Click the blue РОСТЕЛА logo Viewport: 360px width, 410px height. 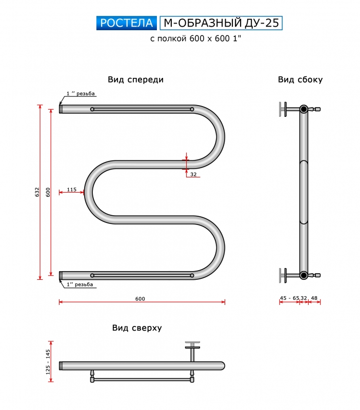pyautogui.click(x=126, y=23)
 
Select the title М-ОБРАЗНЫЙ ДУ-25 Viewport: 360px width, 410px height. pyautogui.click(x=221, y=23)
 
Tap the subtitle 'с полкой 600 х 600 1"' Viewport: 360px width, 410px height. pyautogui.click(x=195, y=38)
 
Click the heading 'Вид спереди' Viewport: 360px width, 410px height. pyautogui.click(x=135, y=79)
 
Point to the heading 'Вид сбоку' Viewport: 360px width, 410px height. pyautogui.click(x=300, y=79)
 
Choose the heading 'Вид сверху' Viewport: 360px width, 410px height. pyautogui.click(x=137, y=328)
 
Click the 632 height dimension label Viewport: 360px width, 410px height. pyautogui.click(x=37, y=192)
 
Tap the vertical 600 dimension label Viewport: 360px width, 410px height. pyautogui.click(x=48, y=192)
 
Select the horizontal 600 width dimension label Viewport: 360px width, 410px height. pyautogui.click(x=140, y=299)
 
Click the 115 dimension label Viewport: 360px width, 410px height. pyautogui.click(x=71, y=189)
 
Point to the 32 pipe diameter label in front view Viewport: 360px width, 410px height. pyautogui.click(x=193, y=174)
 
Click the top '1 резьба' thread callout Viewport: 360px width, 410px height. pyautogui.click(x=81, y=93)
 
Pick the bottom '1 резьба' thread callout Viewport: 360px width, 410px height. pyautogui.click(x=79, y=284)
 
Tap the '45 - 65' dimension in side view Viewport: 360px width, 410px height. pyautogui.click(x=289, y=298)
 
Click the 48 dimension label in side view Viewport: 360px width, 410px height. pyautogui.click(x=314, y=298)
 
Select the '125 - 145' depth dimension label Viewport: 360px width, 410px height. pyautogui.click(x=48, y=362)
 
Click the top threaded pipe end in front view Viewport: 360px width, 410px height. pyautogui.click(x=61, y=109)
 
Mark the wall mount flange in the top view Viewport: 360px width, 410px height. pyautogui.click(x=192, y=344)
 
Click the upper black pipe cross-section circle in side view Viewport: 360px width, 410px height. pyautogui.click(x=304, y=109)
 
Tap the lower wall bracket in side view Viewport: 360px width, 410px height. pyautogui.click(x=283, y=275)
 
